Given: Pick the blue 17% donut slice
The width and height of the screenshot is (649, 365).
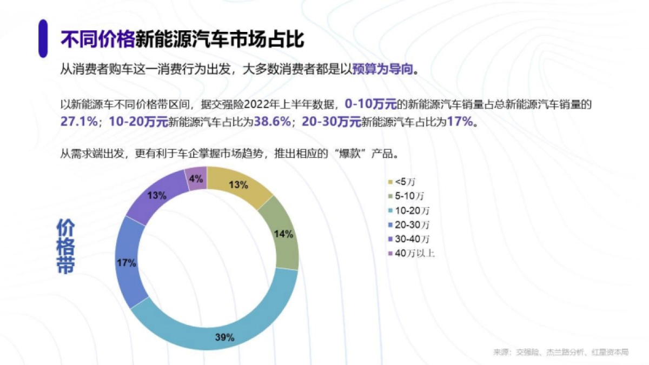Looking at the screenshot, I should point(127,262).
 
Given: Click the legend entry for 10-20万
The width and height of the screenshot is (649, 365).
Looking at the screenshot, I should point(412,210).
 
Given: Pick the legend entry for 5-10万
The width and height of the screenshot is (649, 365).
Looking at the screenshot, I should point(408,195).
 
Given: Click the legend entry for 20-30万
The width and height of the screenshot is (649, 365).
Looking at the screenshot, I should point(412,224).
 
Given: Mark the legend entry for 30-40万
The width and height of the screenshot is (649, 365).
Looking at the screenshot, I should point(412,238).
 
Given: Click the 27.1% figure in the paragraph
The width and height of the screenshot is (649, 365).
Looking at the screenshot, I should point(78,122).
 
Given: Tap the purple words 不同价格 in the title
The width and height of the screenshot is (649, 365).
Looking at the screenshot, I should point(97,39).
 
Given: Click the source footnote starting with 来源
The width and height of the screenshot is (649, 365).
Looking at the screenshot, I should point(560,352).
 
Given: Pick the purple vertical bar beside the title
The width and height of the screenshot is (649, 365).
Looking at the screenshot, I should point(43,38).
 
